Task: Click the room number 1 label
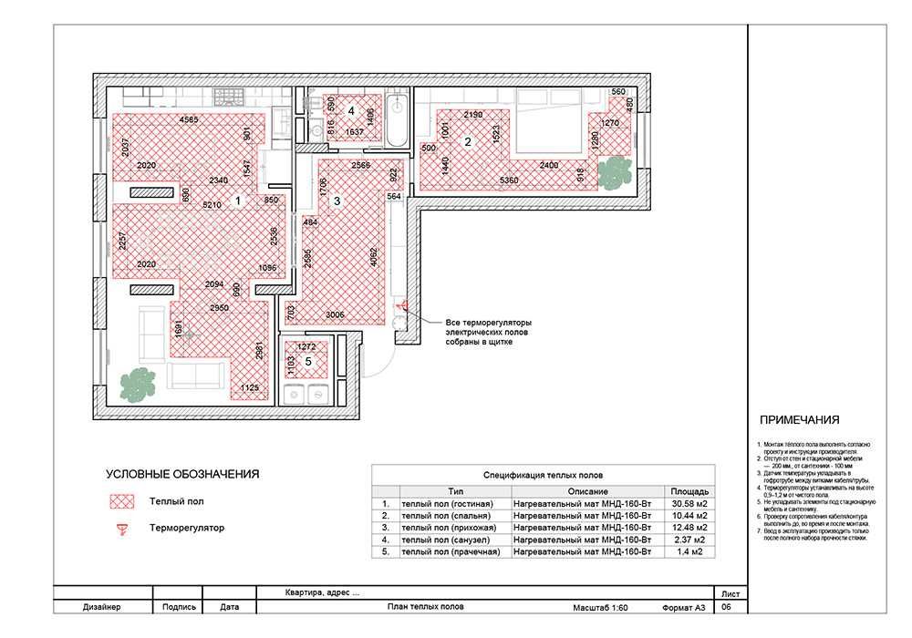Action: click(237, 199)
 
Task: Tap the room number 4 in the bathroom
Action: click(351, 110)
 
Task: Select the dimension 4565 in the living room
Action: click(190, 120)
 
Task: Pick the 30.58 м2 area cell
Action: click(689, 503)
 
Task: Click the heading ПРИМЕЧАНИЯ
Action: click(799, 420)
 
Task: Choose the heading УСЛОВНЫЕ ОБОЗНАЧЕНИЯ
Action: click(182, 474)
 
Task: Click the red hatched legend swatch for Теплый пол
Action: click(121, 501)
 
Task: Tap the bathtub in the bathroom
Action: click(399, 121)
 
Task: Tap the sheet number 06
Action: click(727, 607)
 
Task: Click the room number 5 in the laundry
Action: click(308, 362)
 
